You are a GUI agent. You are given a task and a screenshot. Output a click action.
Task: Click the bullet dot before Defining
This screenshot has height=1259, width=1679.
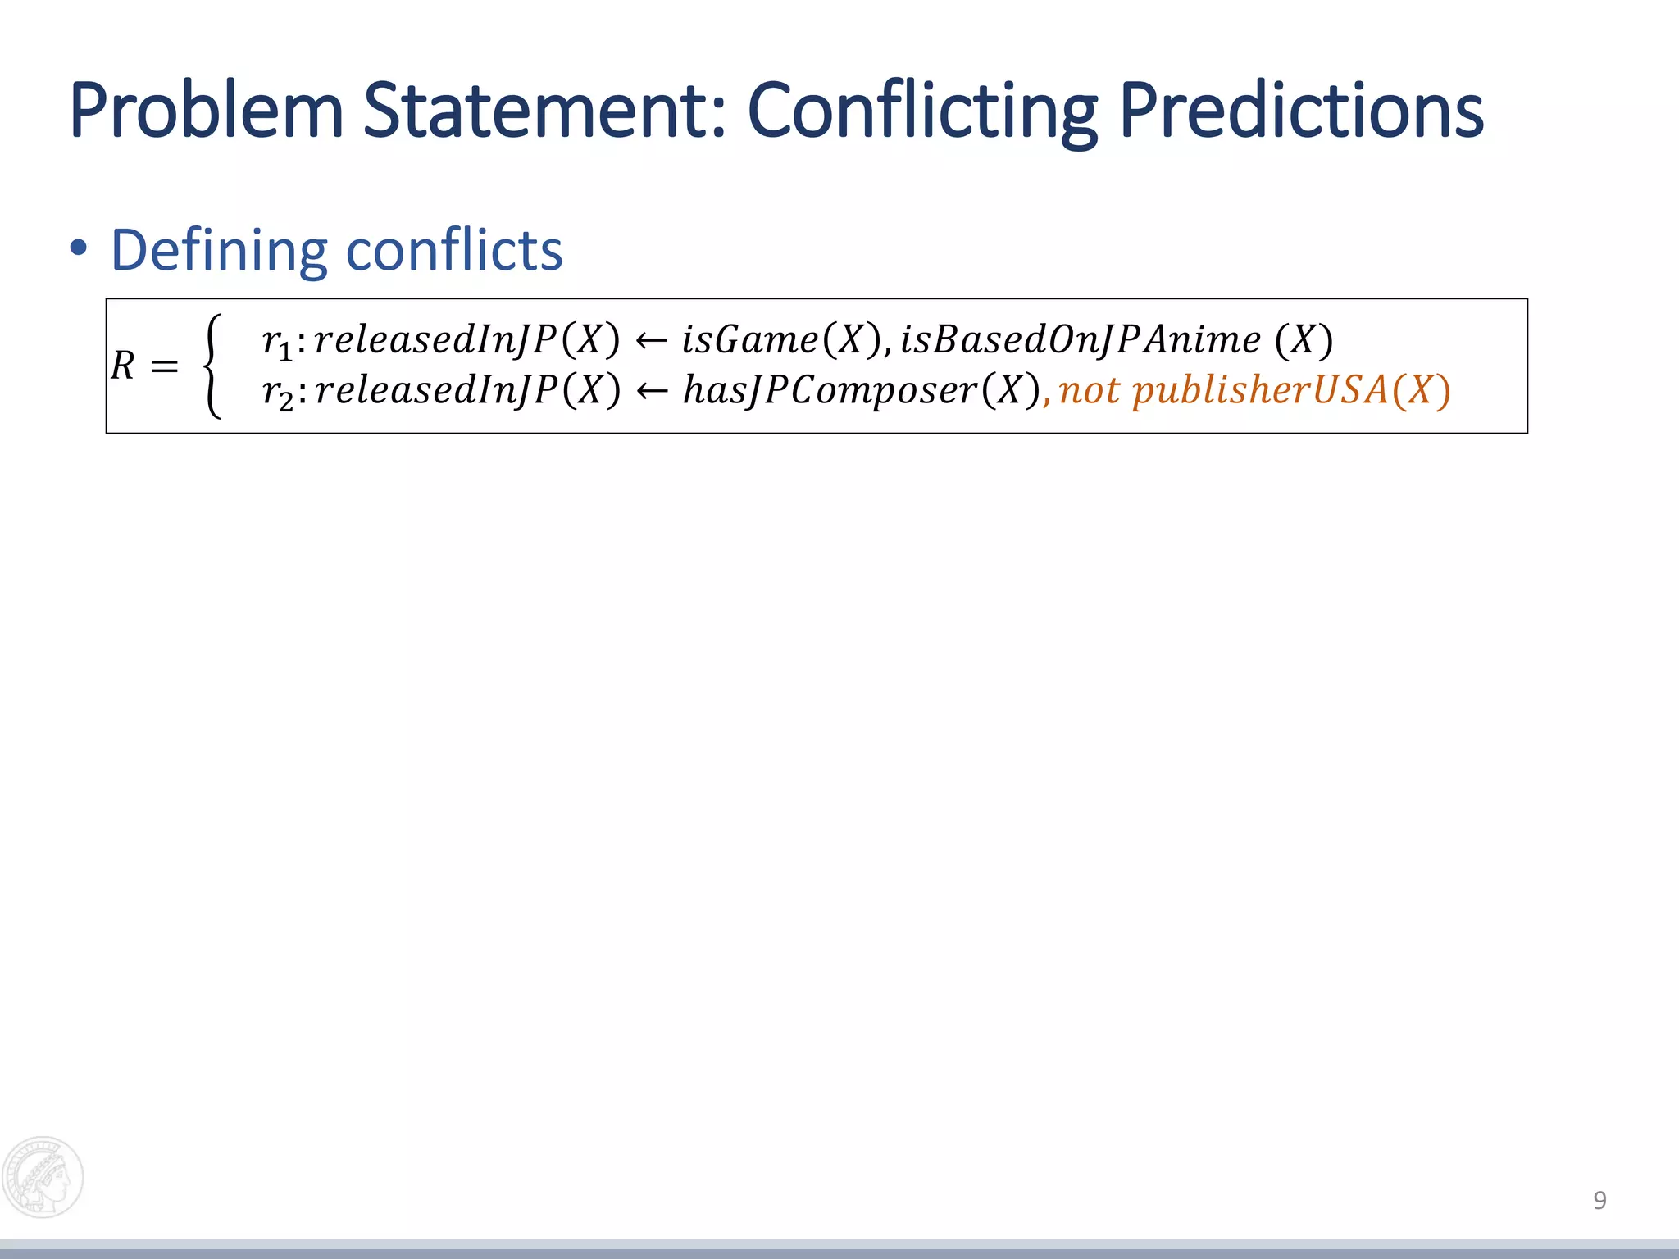click(x=79, y=248)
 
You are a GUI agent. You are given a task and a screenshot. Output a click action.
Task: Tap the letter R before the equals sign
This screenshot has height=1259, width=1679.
click(x=123, y=366)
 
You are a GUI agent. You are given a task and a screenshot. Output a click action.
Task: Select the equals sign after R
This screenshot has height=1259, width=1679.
click(x=165, y=366)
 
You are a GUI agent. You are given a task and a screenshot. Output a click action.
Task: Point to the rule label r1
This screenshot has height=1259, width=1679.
click(x=277, y=341)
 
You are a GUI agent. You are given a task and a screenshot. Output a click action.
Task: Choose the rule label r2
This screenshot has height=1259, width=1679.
click(x=277, y=391)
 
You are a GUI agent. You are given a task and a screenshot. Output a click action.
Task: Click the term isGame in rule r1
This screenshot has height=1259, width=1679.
click(x=749, y=339)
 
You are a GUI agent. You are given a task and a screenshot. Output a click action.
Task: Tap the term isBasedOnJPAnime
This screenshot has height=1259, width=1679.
click(x=1081, y=339)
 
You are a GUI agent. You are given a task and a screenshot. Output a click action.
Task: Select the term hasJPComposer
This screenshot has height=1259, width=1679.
click(x=830, y=389)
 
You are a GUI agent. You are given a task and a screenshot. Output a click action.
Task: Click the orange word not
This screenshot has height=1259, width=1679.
click(x=1089, y=389)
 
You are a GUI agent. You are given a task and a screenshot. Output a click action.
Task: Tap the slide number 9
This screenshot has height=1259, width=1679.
click(x=1599, y=1200)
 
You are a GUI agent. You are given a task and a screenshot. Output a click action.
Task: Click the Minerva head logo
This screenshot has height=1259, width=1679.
click(x=43, y=1176)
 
